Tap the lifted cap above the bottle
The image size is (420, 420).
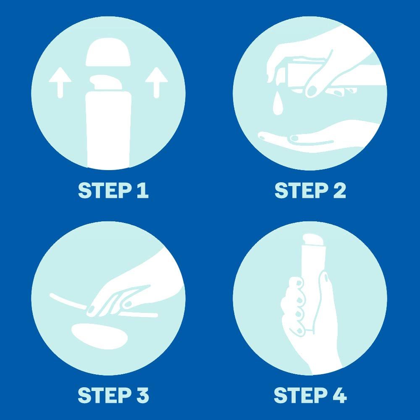(108, 52)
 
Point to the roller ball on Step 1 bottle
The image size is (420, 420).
(106, 82)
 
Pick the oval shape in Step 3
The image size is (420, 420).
(100, 336)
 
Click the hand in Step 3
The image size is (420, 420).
(134, 289)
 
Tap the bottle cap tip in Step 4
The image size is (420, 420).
(313, 240)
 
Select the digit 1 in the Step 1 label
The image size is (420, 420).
(142, 190)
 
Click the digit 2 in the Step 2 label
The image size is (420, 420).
(340, 190)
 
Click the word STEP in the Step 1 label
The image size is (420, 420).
(105, 190)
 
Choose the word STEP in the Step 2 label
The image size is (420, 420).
(302, 190)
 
